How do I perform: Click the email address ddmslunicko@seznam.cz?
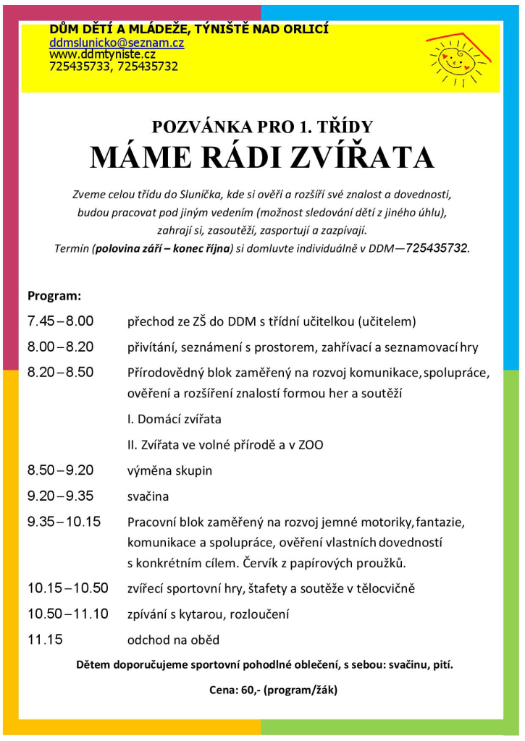(x=117, y=43)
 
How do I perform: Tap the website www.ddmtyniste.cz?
(x=102, y=54)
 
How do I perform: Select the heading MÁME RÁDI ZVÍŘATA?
(x=261, y=158)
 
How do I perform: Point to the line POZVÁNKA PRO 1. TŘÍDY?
(x=261, y=127)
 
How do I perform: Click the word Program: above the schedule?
(x=54, y=296)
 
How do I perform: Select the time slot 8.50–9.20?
(x=60, y=470)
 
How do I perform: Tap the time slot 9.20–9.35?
(x=60, y=496)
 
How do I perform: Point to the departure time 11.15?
(x=45, y=640)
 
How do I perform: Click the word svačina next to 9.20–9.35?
(x=148, y=497)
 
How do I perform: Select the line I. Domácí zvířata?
(x=174, y=419)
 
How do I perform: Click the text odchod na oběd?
(x=173, y=640)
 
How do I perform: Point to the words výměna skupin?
(x=169, y=470)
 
